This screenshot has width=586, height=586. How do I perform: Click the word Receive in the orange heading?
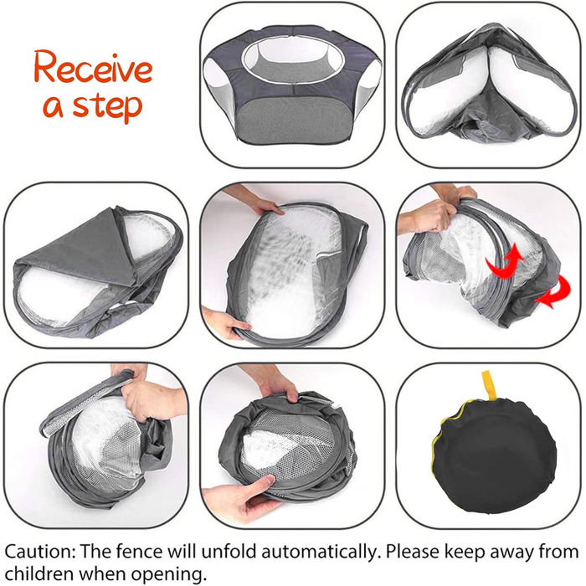click(x=93, y=68)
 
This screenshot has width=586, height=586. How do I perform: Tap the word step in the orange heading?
click(x=107, y=106)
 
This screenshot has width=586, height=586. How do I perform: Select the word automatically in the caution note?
click(x=318, y=553)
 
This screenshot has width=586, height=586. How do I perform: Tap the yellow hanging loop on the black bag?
click(x=487, y=386)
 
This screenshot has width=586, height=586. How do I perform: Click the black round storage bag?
click(x=493, y=456)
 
